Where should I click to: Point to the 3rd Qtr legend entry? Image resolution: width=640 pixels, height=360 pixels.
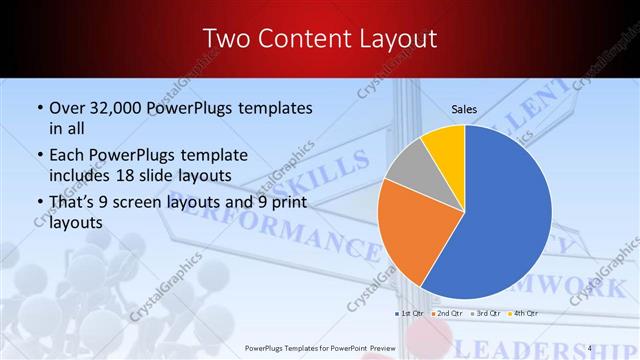pyautogui.click(x=485, y=314)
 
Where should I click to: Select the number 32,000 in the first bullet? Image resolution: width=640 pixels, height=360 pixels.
pyautogui.click(x=115, y=107)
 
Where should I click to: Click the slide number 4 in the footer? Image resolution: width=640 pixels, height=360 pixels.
pyautogui.click(x=591, y=348)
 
